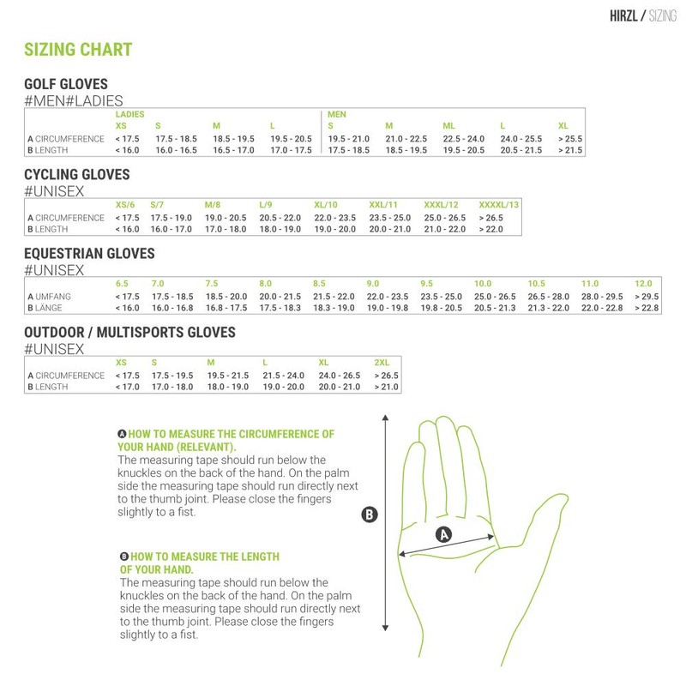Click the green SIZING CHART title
coord(77,50)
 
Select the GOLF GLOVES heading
coord(66,84)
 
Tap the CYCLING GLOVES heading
coord(76,175)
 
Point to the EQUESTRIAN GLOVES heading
coord(89,254)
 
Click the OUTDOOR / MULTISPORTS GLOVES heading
coord(129,332)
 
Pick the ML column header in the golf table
coord(448,126)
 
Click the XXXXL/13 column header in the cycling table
coord(498,205)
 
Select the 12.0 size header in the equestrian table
coord(643,284)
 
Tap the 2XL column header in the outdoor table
coord(382,363)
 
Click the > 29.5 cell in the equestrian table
coord(645,297)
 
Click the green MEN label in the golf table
coord(336,114)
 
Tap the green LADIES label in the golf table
coord(129,114)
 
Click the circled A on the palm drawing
coord(444,534)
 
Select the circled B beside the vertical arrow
coord(370,514)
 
